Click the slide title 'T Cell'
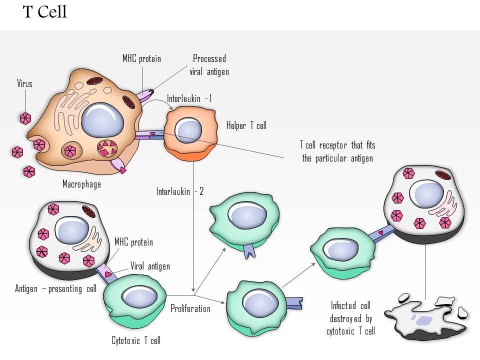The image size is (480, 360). [x=45, y=12]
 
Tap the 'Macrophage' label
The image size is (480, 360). [x=81, y=184]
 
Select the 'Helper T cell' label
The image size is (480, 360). [x=246, y=125]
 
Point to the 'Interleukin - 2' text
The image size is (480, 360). [x=180, y=191]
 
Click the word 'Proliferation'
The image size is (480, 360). [x=190, y=308]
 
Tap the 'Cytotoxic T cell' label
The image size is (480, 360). [x=136, y=341]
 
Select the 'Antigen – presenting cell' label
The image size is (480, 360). [x=55, y=289]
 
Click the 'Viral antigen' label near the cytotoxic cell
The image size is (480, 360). [x=150, y=266]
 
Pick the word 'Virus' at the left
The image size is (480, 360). [x=24, y=83]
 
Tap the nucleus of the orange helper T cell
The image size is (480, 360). [x=189, y=129]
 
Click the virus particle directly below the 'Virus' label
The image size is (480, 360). [x=25, y=118]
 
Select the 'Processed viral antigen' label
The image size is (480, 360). [x=209, y=65]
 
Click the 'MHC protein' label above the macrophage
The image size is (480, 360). [x=142, y=59]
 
